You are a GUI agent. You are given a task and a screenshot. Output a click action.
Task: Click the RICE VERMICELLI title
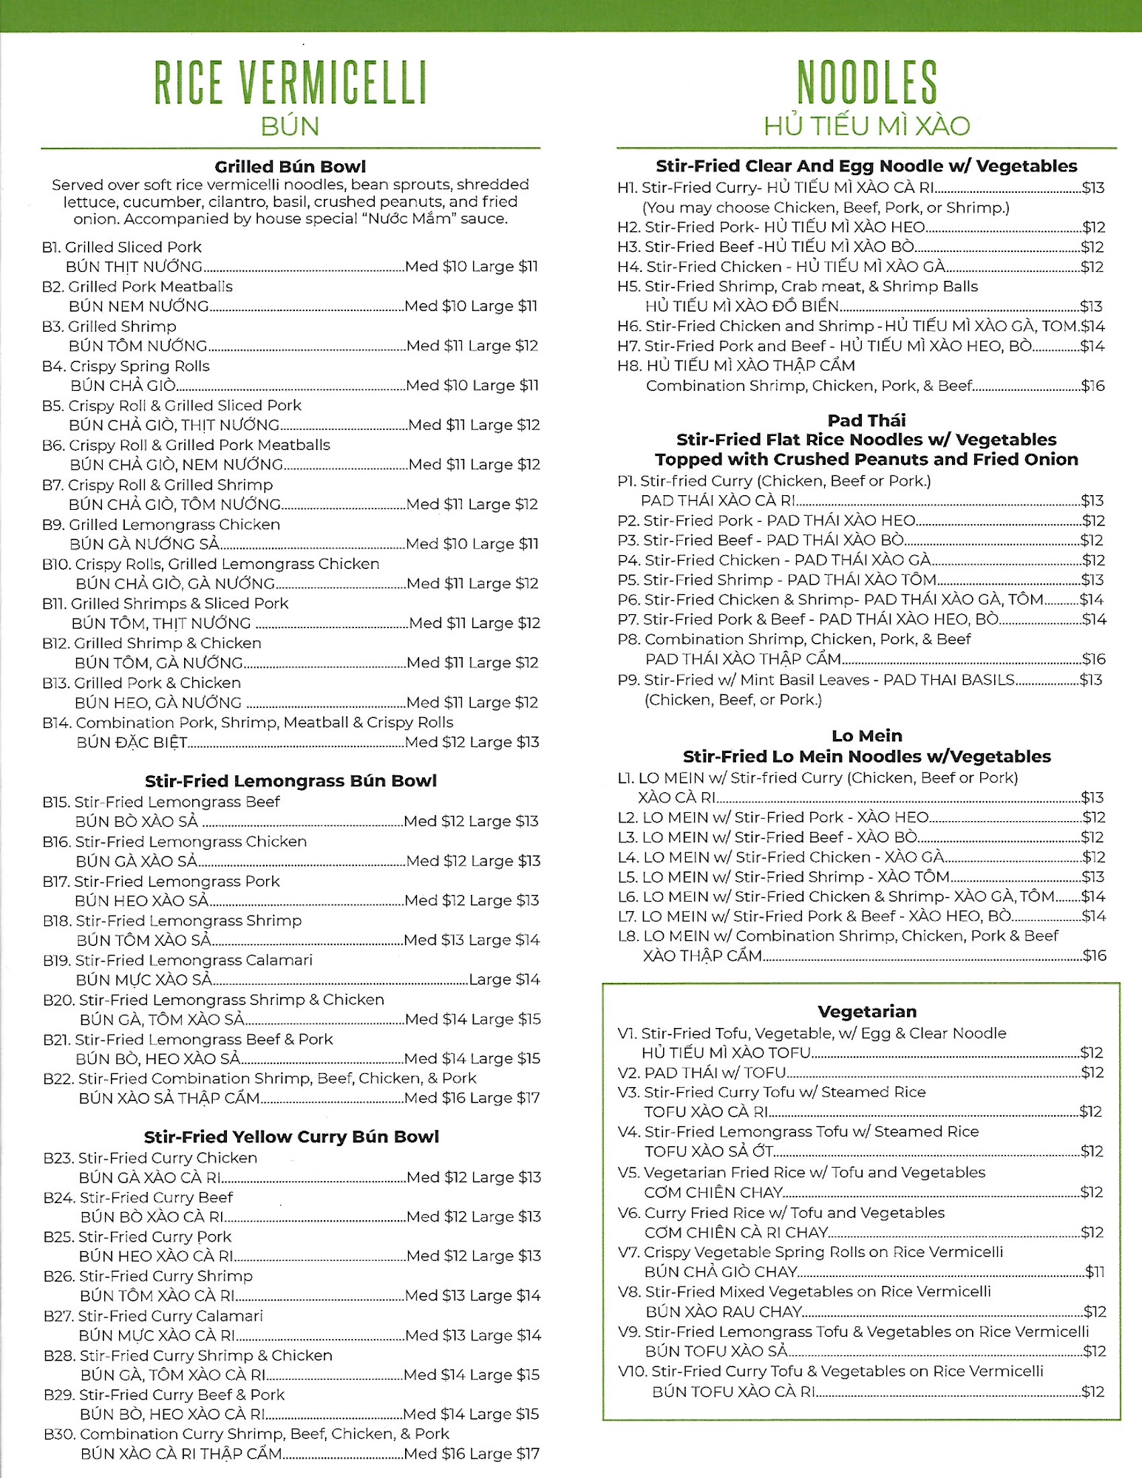pyautogui.click(x=290, y=82)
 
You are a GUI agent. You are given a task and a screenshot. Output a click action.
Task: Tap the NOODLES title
pyautogui.click(x=866, y=82)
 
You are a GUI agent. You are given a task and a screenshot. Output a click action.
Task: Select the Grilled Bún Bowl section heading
pyautogui.click(x=290, y=166)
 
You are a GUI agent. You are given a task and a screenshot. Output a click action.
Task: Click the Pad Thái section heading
pyautogui.click(x=866, y=420)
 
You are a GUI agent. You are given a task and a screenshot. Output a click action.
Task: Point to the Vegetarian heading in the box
pyautogui.click(x=866, y=1011)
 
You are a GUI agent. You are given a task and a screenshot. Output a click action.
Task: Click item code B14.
pyautogui.click(x=56, y=722)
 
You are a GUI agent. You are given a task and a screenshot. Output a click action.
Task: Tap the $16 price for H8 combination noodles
pyautogui.click(x=1092, y=385)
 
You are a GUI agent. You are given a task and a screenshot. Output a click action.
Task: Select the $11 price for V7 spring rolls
pyautogui.click(x=1095, y=1272)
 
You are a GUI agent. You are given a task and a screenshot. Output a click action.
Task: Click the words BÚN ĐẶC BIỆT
pyautogui.click(x=132, y=742)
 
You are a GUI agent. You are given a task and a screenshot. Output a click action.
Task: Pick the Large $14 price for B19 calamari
pyautogui.click(x=504, y=979)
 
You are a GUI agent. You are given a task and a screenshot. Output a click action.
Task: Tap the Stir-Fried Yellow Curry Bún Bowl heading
pyautogui.click(x=291, y=1137)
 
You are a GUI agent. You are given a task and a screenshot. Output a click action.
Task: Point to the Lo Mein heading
pyautogui.click(x=866, y=735)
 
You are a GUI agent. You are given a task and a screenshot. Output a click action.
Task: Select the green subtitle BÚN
pyautogui.click(x=290, y=126)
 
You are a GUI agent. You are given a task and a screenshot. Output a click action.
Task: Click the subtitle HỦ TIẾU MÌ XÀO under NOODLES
pyautogui.click(x=866, y=126)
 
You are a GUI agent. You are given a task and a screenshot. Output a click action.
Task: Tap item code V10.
pyautogui.click(x=632, y=1371)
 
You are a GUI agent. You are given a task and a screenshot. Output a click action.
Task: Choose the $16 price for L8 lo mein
pyautogui.click(x=1094, y=956)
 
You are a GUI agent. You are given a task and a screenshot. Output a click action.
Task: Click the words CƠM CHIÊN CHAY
pyautogui.click(x=713, y=1192)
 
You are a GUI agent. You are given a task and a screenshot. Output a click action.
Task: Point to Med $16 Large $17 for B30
pyautogui.click(x=472, y=1454)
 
